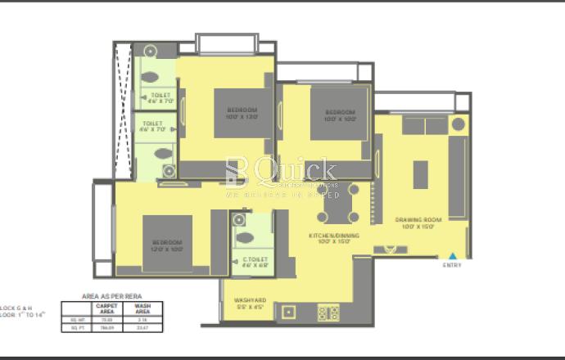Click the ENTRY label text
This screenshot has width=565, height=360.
tap(452, 264)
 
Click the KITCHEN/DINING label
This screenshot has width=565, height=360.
tap(329, 238)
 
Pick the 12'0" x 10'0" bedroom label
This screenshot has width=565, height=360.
tap(166, 245)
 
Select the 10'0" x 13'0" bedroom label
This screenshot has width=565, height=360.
tap(242, 113)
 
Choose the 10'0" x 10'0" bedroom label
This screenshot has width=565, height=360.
tap(339, 115)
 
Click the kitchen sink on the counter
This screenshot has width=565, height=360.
tap(288, 313)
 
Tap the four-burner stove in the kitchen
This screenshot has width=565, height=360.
tap(328, 313)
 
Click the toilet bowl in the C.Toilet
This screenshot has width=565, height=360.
tap(245, 238)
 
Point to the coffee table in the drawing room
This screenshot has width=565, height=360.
tap(420, 174)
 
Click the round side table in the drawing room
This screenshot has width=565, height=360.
tap(459, 125)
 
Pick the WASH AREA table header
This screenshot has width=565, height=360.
tap(142, 308)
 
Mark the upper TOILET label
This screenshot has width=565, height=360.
tap(162, 98)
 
